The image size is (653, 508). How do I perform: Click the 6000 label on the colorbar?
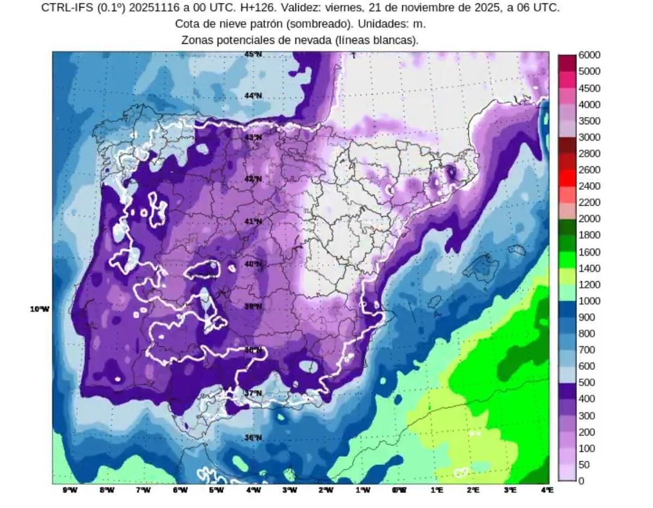589,55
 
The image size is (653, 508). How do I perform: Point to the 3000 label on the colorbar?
589,137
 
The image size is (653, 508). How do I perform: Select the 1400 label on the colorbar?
589,268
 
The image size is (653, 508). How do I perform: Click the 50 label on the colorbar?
585,464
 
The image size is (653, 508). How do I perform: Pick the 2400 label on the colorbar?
589,186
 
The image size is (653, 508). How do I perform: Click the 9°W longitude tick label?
70,490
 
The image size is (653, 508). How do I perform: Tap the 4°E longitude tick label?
547,490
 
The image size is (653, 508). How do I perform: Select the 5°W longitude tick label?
217,490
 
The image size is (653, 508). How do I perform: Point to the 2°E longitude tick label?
473,490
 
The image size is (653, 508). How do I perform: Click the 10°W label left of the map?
39,309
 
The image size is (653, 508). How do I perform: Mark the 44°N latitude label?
253,96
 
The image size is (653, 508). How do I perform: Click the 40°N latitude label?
253,264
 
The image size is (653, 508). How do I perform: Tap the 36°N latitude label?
253,438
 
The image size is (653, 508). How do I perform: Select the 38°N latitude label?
253,350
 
